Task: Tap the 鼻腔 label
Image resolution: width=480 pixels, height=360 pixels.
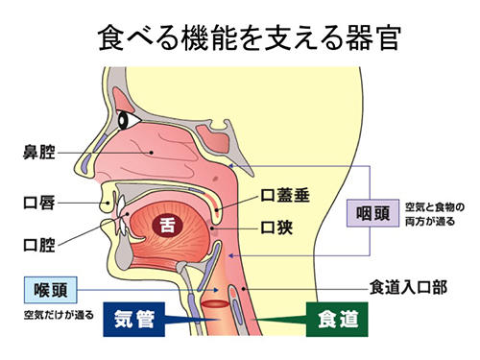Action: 40,151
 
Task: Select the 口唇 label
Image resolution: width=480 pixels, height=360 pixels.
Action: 40,203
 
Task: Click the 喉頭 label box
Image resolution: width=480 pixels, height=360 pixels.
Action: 46,286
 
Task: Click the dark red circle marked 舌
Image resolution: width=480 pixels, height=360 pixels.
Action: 169,226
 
